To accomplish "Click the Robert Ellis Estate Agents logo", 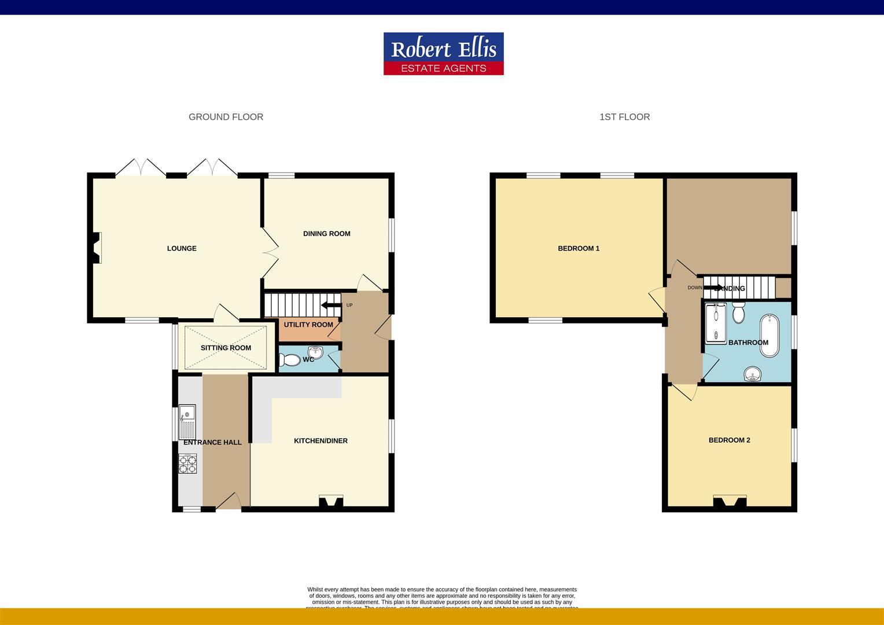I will (x=443, y=53).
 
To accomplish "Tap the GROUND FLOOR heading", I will (x=226, y=117).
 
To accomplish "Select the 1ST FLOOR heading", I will (x=624, y=117).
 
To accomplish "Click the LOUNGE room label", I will (x=182, y=248).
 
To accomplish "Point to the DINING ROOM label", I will (x=326, y=234).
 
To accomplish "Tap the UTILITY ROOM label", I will (x=308, y=325).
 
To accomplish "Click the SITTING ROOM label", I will (x=226, y=348).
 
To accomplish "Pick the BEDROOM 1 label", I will (x=579, y=248).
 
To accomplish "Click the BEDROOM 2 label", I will (x=729, y=440).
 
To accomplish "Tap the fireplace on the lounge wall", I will (x=97, y=248).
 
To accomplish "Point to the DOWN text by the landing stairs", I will (x=694, y=288).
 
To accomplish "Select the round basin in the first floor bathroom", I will (x=753, y=374).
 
